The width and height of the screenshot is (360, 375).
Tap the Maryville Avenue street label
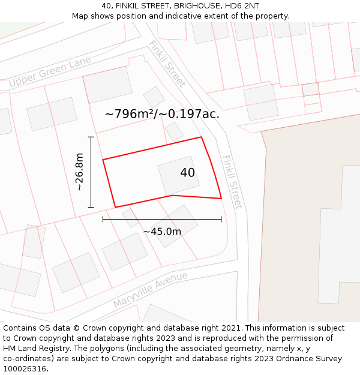150,290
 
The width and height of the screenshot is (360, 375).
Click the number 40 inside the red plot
187,173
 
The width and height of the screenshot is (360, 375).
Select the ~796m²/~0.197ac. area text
162,113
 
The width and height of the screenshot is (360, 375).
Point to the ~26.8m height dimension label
79,172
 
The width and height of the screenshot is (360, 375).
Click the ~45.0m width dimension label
162,232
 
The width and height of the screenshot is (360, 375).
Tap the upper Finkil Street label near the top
167,64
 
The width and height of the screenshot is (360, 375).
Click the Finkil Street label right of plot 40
232,182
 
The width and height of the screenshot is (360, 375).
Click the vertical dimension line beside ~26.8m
91,172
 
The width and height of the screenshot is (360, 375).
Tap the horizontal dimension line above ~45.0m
162,219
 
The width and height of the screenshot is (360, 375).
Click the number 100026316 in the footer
24,369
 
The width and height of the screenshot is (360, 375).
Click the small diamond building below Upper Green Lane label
154,97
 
